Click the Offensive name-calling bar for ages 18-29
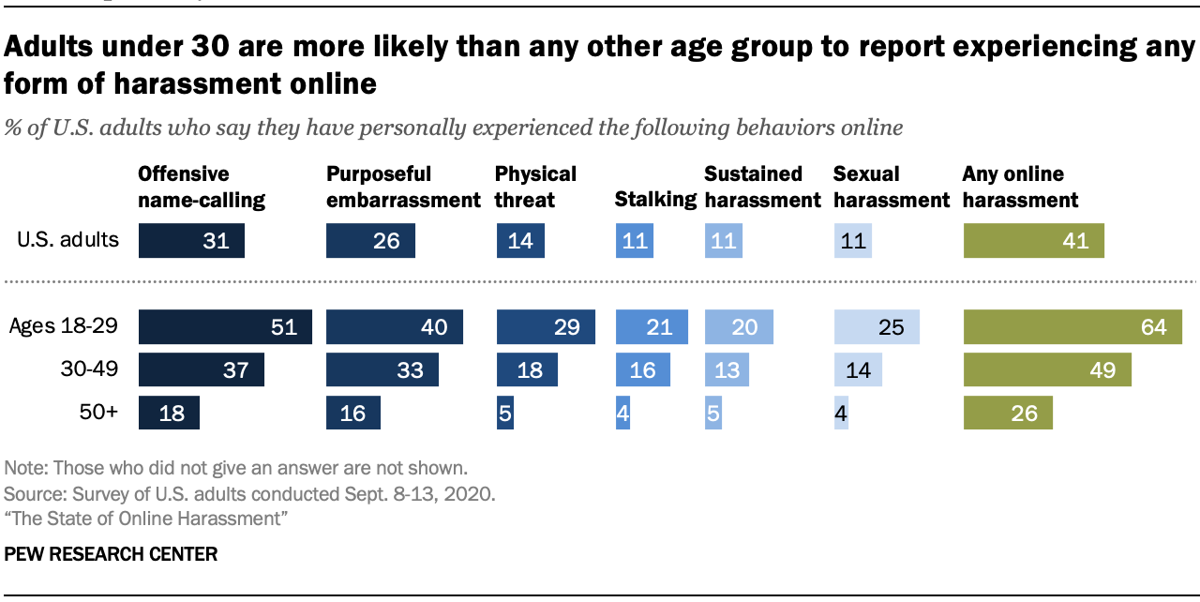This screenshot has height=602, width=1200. (225, 327)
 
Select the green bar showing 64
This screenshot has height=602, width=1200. (1072, 327)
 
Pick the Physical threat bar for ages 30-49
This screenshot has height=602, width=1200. (527, 369)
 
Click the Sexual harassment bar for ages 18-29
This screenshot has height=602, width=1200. (877, 327)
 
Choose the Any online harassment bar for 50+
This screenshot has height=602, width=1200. (1008, 413)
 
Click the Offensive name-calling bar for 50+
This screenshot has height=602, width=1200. (169, 413)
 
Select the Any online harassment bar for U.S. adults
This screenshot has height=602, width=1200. (1033, 241)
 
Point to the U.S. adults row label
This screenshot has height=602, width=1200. (68, 240)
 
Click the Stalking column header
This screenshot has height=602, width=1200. (655, 200)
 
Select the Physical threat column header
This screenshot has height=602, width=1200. (535, 187)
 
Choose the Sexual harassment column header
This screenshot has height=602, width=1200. (892, 187)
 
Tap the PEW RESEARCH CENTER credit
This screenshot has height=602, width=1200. (111, 554)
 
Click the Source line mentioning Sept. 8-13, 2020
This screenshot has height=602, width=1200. (250, 493)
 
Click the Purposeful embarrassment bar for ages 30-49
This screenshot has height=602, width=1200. (382, 369)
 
